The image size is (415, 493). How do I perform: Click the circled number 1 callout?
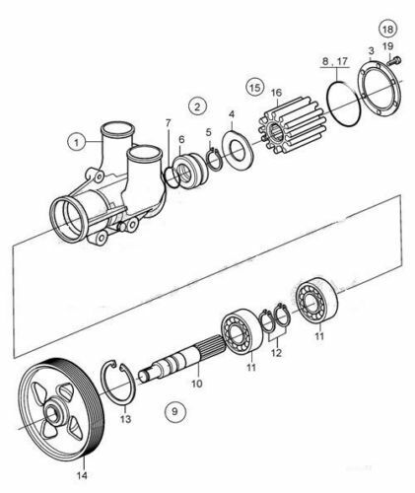point(77,143)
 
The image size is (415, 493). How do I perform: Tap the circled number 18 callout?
point(387,29)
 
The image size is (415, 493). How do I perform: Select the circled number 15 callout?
point(255,88)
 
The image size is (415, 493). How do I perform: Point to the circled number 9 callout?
point(174,411)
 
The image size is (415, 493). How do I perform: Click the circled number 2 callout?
point(197,106)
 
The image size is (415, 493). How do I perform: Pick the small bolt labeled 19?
point(394,61)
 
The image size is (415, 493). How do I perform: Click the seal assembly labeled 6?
point(189,171)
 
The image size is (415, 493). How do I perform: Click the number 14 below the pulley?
point(82,474)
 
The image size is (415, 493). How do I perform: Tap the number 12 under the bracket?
point(276,353)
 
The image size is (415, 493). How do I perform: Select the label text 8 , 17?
point(335,61)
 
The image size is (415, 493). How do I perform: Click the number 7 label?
point(169,123)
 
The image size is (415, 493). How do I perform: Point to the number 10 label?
point(196,384)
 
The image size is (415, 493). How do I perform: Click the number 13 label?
point(125,419)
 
